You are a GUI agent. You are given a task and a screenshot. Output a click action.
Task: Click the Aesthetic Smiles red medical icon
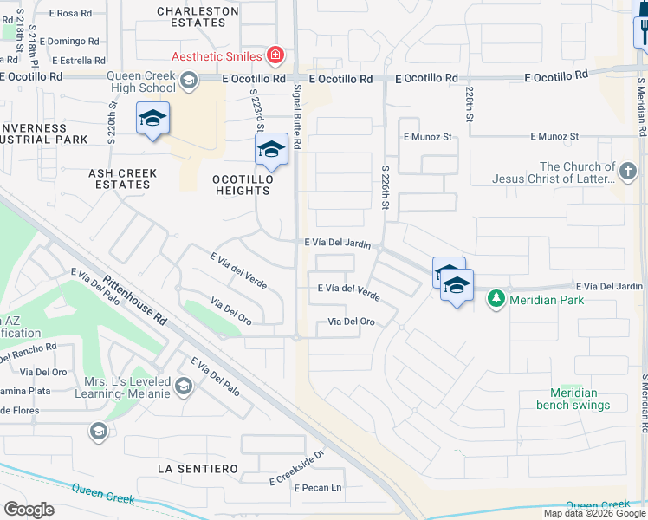click(275, 56)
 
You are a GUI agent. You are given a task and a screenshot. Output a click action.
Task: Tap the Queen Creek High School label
click(141, 81)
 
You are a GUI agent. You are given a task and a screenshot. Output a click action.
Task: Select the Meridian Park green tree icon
click(496, 300)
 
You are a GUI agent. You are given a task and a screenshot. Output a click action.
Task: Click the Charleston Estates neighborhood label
click(198, 17)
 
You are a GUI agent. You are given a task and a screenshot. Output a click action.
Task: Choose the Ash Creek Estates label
click(123, 179)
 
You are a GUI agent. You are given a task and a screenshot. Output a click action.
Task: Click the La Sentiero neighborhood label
click(198, 469)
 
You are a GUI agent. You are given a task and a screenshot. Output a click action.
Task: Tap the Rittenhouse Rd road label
click(135, 301)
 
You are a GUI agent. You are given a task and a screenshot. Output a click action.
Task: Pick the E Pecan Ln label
click(318, 488)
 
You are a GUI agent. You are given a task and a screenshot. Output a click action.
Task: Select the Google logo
click(29, 510)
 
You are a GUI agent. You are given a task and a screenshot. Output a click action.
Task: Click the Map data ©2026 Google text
click(594, 513)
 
